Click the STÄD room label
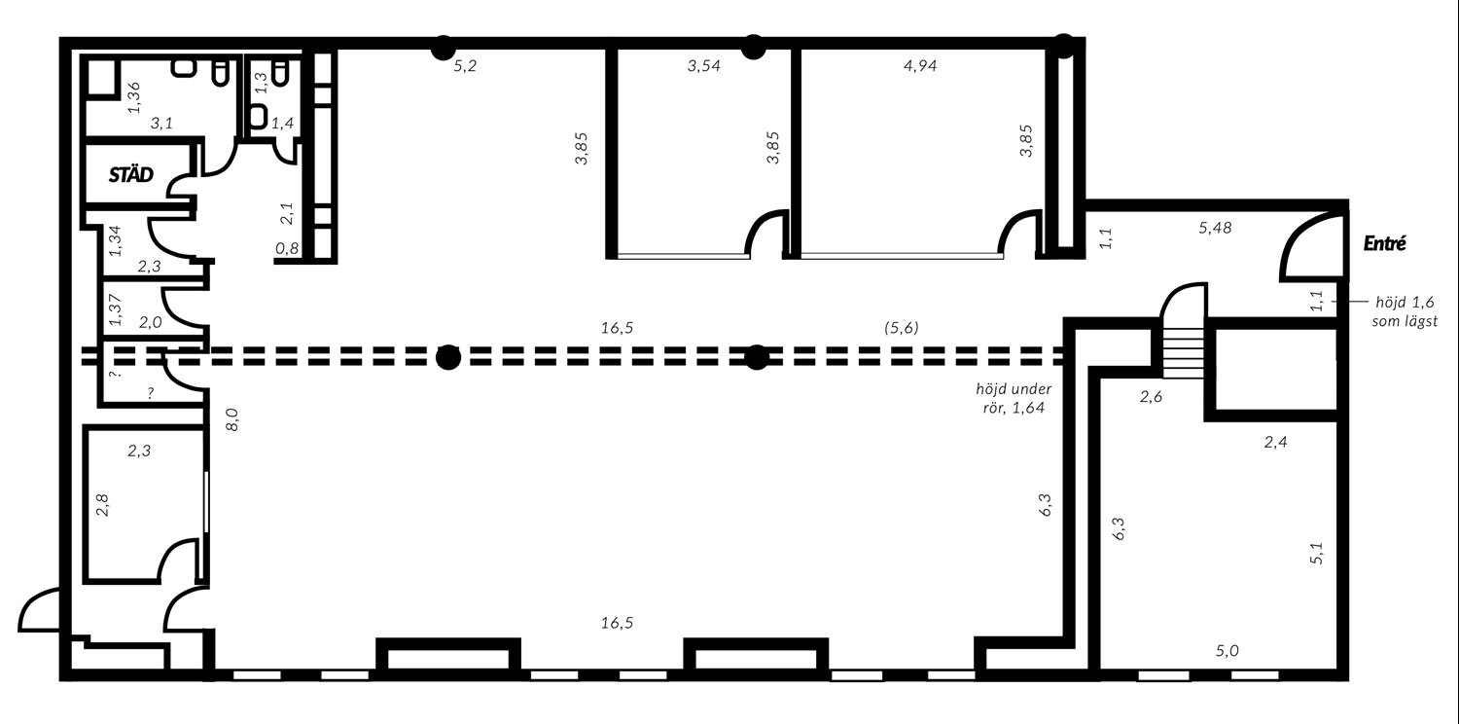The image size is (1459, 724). point(131,174)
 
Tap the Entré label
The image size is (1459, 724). point(1385,243)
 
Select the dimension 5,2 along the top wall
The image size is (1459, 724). point(465,66)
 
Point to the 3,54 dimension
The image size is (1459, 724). point(703,66)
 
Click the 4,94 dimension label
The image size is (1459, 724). point(920,66)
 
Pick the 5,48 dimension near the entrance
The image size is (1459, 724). point(1216,228)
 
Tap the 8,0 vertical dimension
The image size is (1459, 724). point(232,419)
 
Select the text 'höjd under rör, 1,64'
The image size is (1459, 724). point(1014,399)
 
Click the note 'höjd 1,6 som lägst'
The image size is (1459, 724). point(1405,311)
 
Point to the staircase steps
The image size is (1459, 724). point(1184,353)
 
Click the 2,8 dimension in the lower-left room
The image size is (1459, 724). point(102,505)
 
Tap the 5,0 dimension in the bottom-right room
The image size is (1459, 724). point(1228,650)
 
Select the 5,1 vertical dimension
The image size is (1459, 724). point(1316,553)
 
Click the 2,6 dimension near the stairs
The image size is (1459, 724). point(1151,397)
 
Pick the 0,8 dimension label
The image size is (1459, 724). point(287,248)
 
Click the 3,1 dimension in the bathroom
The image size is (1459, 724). point(161,124)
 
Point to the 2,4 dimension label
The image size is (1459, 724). point(1275,443)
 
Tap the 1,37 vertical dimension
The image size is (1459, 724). point(116,309)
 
